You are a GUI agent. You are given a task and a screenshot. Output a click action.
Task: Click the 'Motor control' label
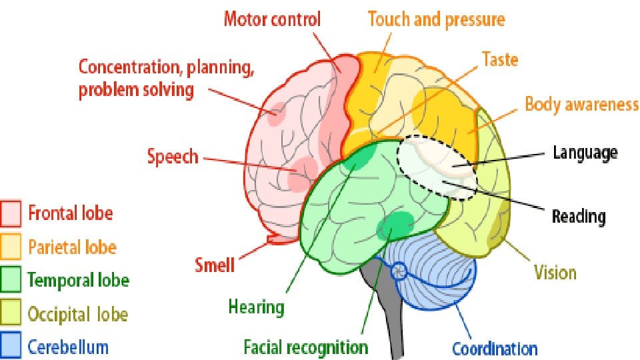272,19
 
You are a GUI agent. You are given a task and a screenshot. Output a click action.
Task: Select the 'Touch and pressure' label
436,19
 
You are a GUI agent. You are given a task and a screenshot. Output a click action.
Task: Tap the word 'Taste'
500,59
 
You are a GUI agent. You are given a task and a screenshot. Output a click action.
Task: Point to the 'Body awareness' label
581,105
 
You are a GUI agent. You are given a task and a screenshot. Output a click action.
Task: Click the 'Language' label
585,153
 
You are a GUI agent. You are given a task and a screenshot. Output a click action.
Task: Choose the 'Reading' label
579,216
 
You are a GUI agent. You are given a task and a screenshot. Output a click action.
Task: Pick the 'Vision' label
555,272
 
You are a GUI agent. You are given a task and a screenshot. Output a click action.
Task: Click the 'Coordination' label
495,348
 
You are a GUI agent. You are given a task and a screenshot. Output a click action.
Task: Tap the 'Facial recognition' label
305,347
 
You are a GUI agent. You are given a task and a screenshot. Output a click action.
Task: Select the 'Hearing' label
257,307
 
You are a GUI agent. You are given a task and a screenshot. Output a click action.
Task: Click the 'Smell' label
215,265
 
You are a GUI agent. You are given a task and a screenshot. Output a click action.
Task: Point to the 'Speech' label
173,157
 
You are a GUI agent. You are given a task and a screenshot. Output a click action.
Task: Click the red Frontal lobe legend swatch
11,213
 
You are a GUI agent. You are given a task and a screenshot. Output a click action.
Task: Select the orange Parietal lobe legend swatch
11,247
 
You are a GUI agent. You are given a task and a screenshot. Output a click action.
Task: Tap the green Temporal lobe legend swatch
11,280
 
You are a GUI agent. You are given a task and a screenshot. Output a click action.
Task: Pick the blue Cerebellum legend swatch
11,345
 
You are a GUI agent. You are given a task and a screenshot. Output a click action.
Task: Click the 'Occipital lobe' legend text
77,313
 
